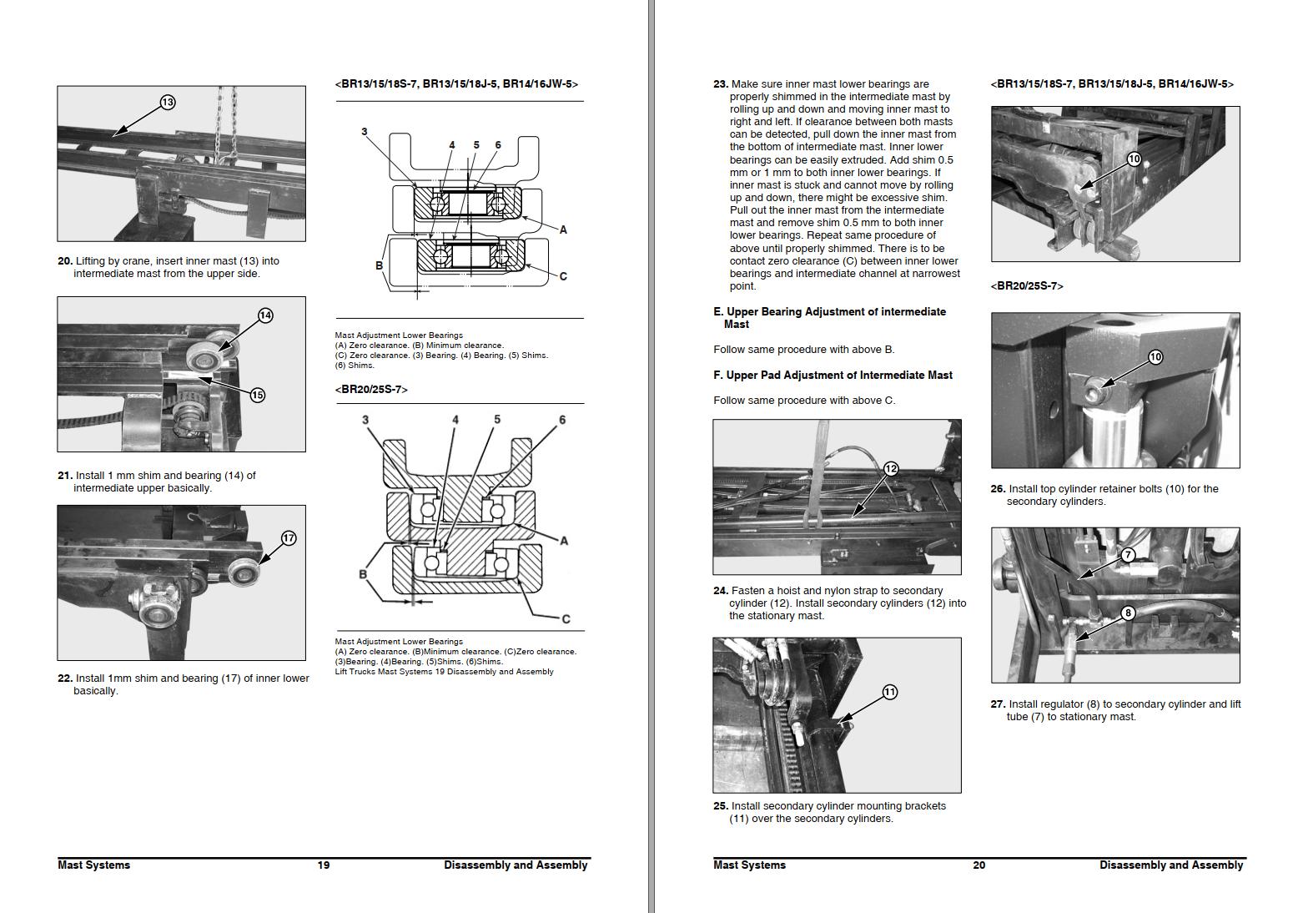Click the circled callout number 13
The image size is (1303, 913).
tap(168, 102)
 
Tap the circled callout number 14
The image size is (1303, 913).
tap(265, 315)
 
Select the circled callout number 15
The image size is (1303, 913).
tap(258, 395)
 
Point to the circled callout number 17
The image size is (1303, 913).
tap(289, 538)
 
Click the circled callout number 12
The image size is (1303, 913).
tap(891, 468)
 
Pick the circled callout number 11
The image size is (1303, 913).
tap(890, 692)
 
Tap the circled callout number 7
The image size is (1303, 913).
tap(1128, 554)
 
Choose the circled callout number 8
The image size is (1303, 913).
tap(1128, 613)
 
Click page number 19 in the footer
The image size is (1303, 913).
tap(324, 865)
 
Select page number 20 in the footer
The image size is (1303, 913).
tap(979, 865)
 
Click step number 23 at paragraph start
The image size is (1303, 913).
tap(721, 84)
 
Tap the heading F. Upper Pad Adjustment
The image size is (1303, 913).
tap(833, 376)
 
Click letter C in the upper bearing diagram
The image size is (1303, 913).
tap(563, 276)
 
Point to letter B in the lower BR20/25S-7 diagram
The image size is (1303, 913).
tap(363, 574)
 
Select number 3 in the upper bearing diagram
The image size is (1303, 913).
tap(365, 132)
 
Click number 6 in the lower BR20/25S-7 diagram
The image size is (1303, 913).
tap(562, 420)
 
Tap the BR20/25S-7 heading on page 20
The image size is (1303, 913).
tap(1027, 286)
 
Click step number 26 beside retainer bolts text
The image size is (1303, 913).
tap(998, 489)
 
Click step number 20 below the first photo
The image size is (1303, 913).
tap(65, 261)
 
